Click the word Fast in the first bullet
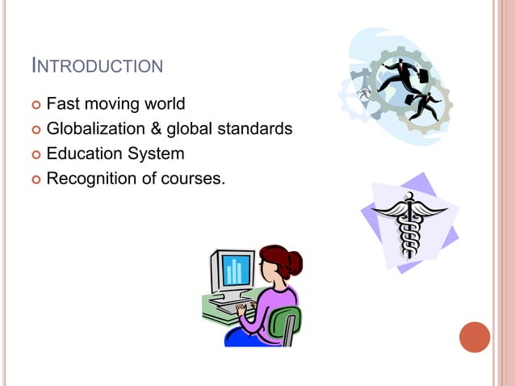pyautogui.click(x=62, y=104)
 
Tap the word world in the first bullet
pyautogui.click(x=161, y=104)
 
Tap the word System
pyautogui.click(x=157, y=153)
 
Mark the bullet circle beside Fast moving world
pyautogui.click(x=34, y=105)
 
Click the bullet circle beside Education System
pyautogui.click(x=34, y=153)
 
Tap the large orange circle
pyautogui.click(x=475, y=337)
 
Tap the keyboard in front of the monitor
pyautogui.click(x=232, y=308)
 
